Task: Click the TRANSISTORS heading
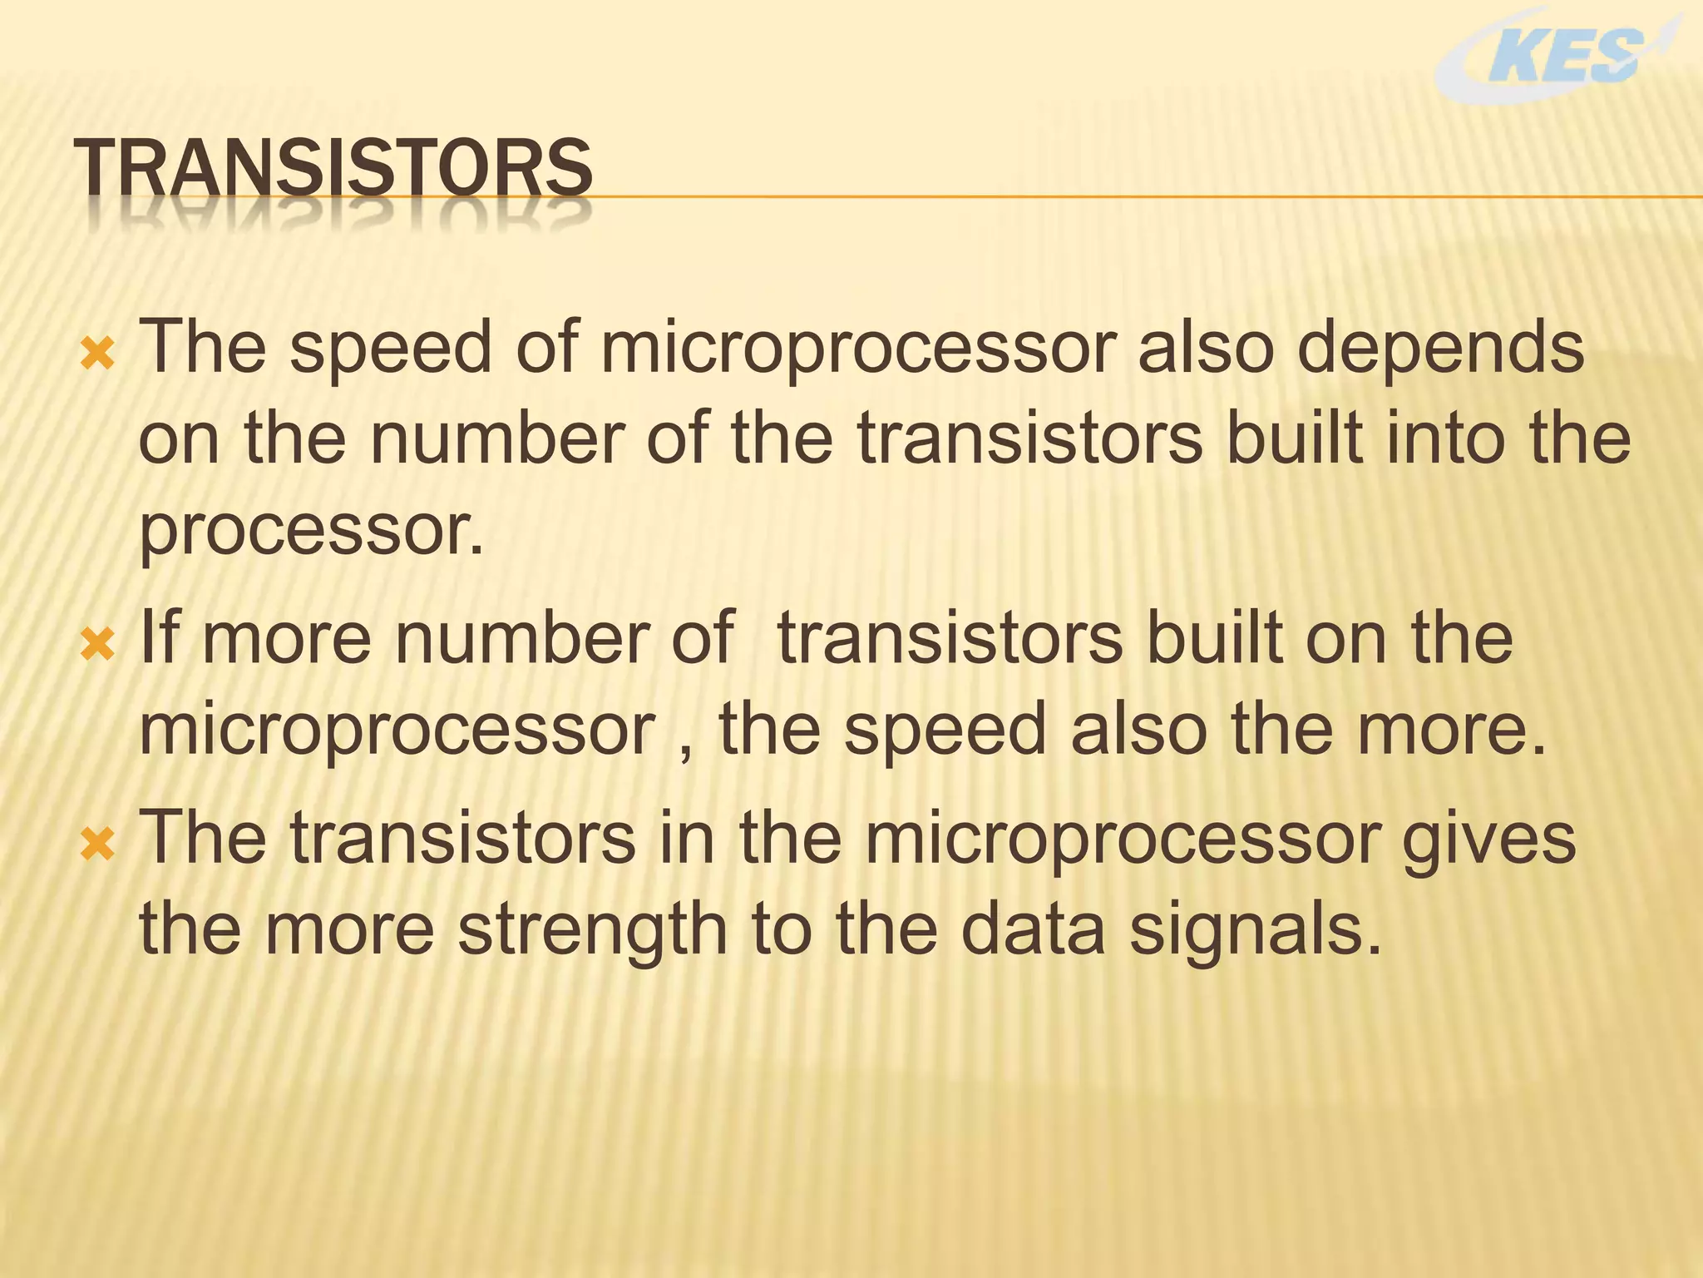click(x=333, y=169)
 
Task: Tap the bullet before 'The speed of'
click(x=97, y=355)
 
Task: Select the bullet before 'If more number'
click(x=97, y=644)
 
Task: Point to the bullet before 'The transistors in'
click(x=97, y=845)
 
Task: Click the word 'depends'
click(x=1440, y=349)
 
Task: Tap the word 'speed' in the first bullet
click(x=391, y=349)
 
